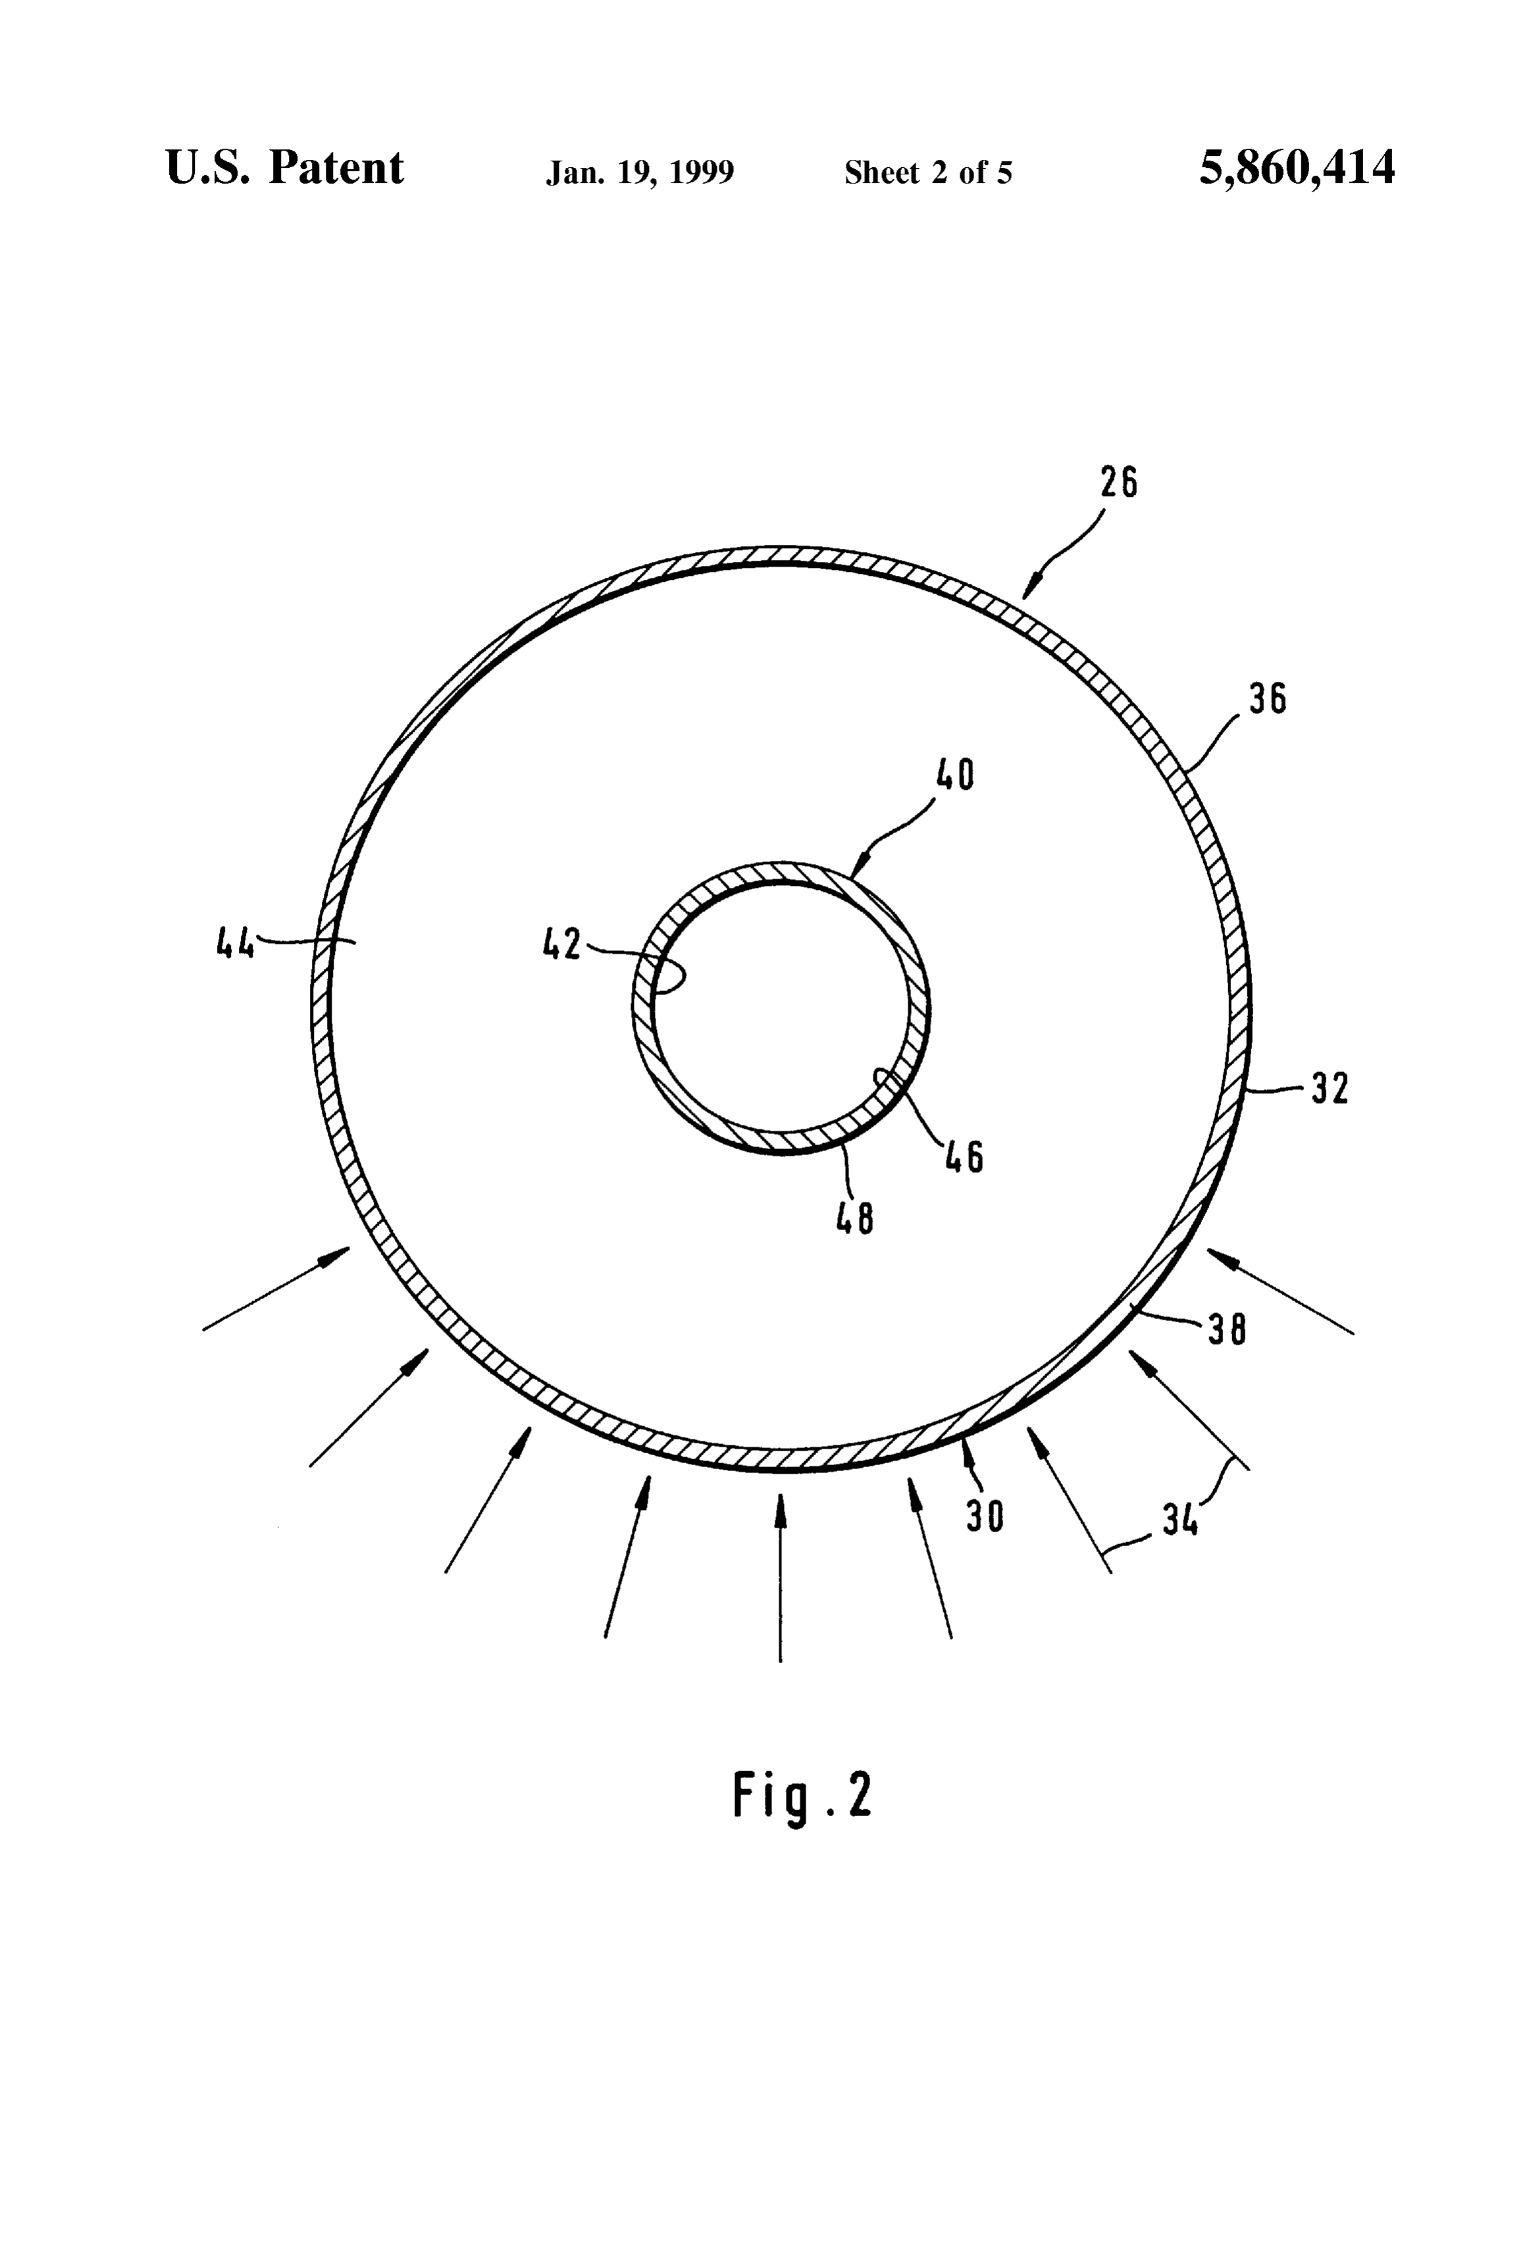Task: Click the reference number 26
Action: pyautogui.click(x=1119, y=482)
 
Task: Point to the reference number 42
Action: pyautogui.click(x=562, y=944)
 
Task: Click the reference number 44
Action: pyautogui.click(x=234, y=941)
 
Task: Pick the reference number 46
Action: pyautogui.click(x=964, y=1156)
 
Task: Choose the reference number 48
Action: pyautogui.click(x=855, y=1219)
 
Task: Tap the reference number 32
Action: pyautogui.click(x=1329, y=1089)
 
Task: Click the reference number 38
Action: pyautogui.click(x=1227, y=1331)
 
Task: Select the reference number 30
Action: pyautogui.click(x=985, y=1516)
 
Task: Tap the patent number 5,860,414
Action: pyautogui.click(x=1297, y=168)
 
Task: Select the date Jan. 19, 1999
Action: pyautogui.click(x=640, y=172)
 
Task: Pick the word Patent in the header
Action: pyautogui.click(x=336, y=167)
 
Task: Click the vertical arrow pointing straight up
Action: pyautogui.click(x=781, y=1577)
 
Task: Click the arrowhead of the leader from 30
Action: pyautogui.click(x=966, y=1446)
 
